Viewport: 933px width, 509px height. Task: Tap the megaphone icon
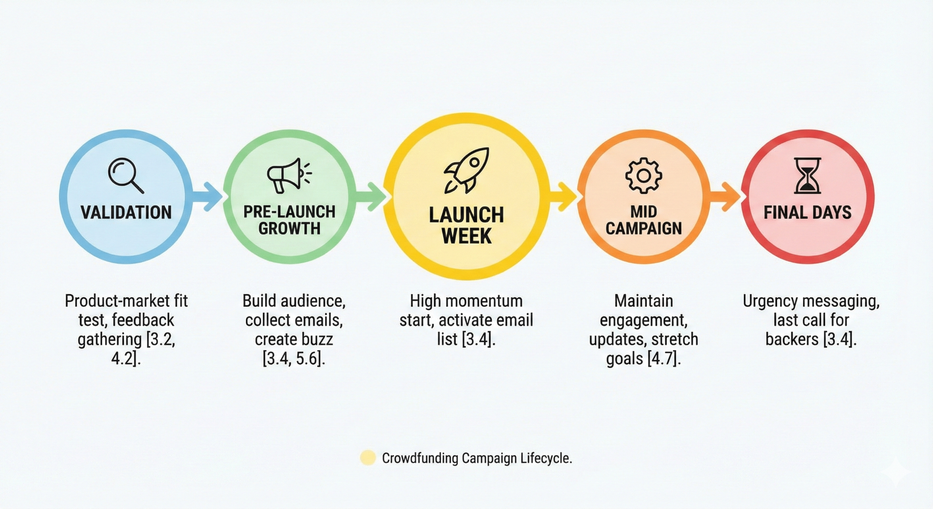[x=289, y=176]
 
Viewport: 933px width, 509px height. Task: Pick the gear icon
[x=643, y=176]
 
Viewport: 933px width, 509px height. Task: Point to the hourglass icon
[x=807, y=176]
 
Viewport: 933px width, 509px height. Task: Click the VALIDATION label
[x=126, y=212]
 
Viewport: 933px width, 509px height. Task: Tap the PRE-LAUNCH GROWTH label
[x=289, y=220]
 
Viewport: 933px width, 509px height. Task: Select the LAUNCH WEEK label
[x=466, y=226]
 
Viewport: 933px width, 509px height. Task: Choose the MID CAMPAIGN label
[x=643, y=220]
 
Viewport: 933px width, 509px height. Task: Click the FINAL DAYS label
[x=807, y=212]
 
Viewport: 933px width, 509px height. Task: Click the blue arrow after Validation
[x=208, y=196]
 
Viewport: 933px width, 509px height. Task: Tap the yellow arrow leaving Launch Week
[x=564, y=196]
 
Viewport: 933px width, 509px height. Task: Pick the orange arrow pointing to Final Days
[x=726, y=196]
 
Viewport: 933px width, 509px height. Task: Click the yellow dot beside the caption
[x=368, y=458]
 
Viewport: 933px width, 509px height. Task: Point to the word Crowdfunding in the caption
[x=420, y=458]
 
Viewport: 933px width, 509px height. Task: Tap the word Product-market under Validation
[x=110, y=301]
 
